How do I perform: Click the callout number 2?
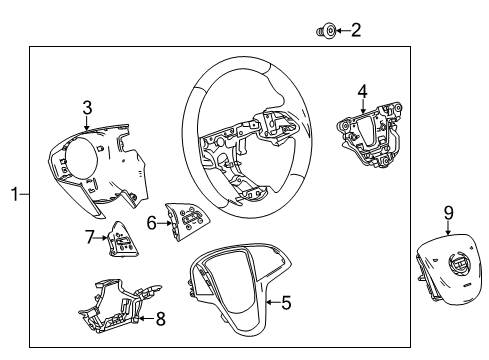(x=355, y=31)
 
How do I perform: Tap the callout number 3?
(x=88, y=107)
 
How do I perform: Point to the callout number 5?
(x=286, y=300)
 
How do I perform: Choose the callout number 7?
(x=88, y=236)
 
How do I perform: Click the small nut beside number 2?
(x=323, y=32)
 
